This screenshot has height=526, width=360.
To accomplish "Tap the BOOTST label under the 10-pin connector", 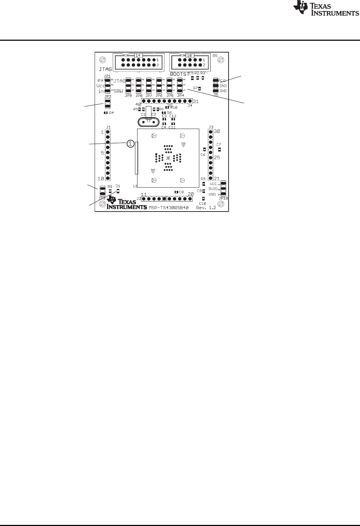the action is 179,74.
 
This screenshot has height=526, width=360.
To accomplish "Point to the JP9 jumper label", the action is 128,96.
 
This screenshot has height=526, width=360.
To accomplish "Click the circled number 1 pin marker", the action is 130,143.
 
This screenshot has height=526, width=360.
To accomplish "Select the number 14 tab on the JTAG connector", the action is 138,55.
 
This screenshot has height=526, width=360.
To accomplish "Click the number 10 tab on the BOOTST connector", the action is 189,55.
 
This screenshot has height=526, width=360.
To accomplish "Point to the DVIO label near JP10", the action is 213,189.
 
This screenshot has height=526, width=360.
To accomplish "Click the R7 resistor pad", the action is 200,88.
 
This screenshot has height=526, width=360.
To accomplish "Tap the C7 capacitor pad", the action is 220,149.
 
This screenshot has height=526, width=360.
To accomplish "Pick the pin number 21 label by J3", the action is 216,179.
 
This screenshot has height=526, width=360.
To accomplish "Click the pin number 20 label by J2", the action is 191,194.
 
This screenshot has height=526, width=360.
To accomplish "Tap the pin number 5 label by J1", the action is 102,153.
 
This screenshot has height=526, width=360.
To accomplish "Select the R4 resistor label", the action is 111,113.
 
